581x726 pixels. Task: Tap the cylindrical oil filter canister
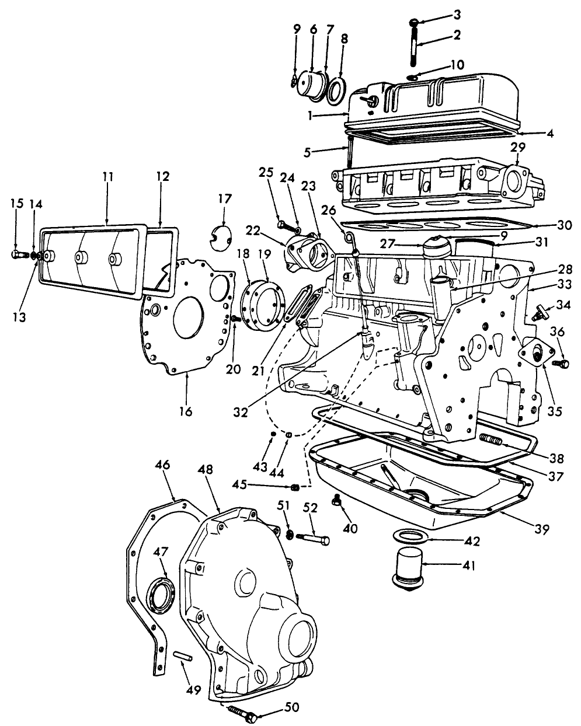[x=407, y=566]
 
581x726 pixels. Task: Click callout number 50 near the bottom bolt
[x=292, y=707]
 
